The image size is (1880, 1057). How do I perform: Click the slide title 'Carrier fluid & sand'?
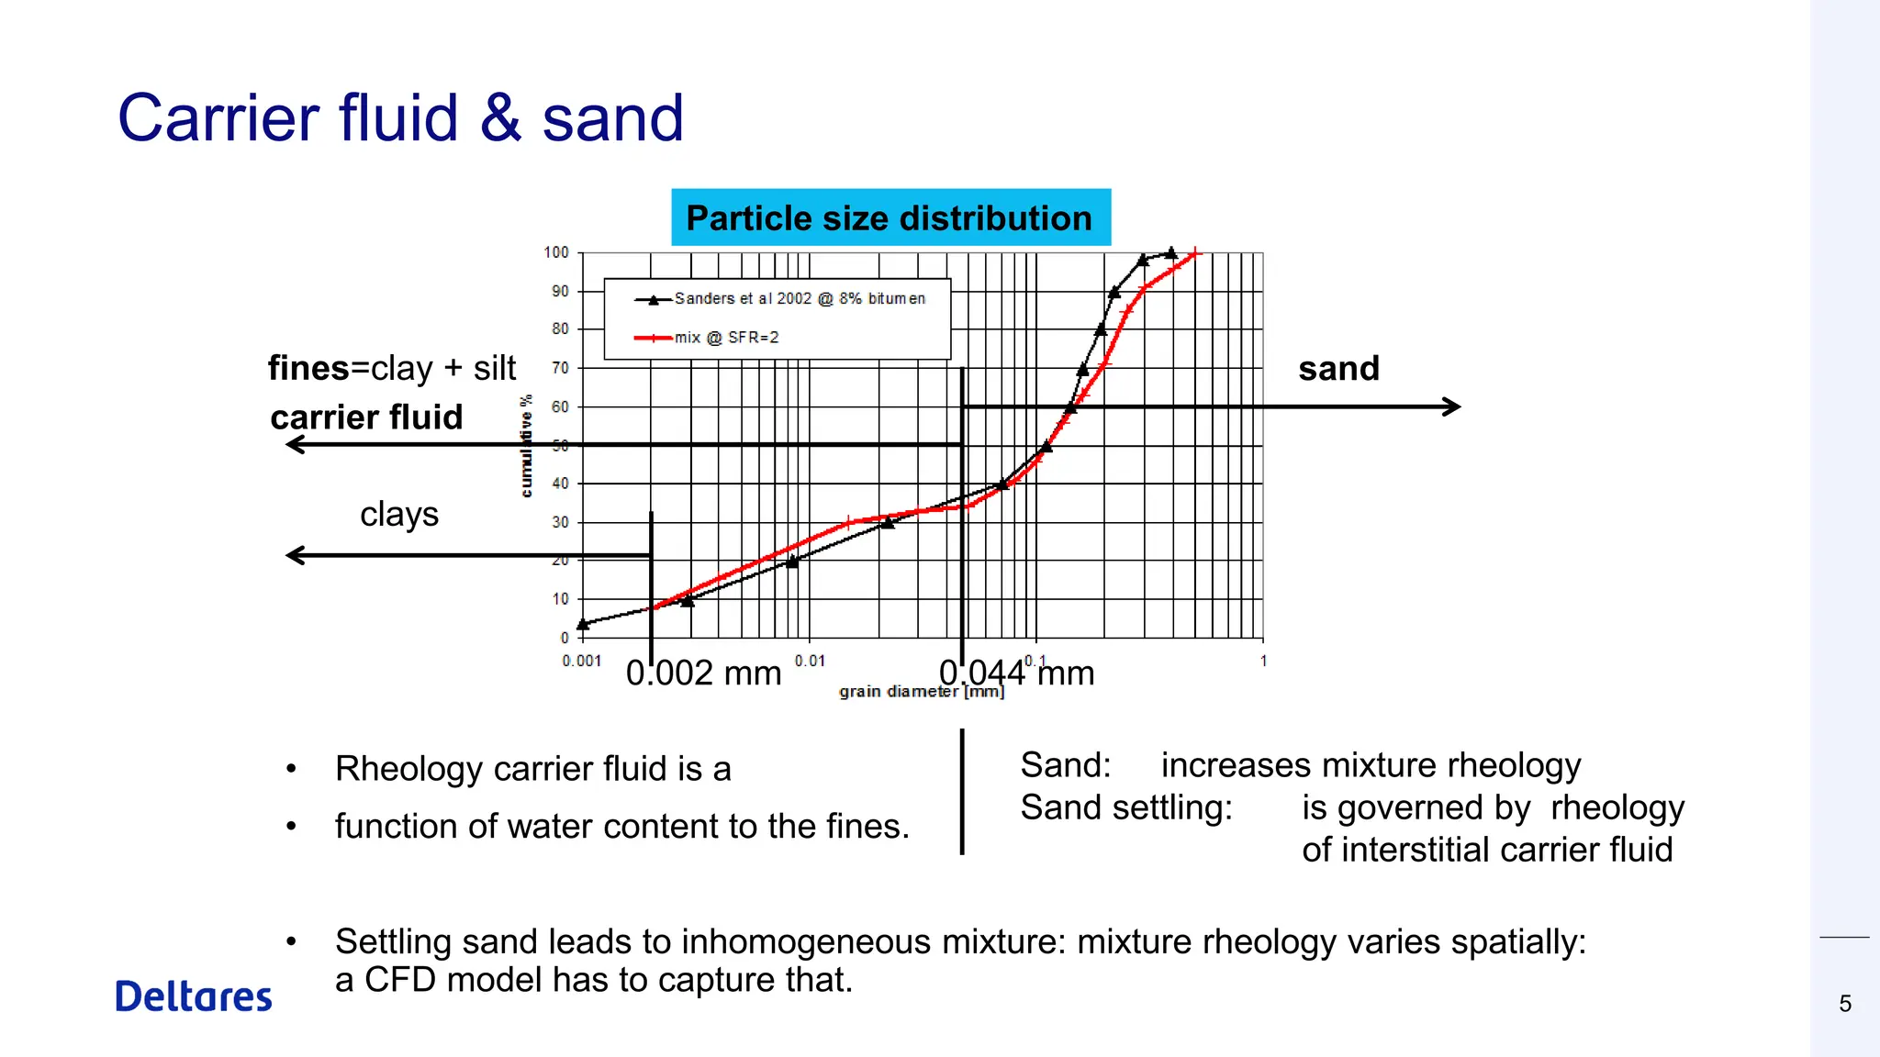pos(400,118)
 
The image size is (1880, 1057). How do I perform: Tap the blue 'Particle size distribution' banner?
pos(890,218)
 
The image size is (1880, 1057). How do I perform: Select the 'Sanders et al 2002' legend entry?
pos(799,299)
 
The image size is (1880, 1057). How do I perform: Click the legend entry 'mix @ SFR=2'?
pos(726,338)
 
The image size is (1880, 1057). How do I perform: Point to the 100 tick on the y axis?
pos(556,252)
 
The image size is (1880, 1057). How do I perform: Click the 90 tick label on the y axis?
pos(559,291)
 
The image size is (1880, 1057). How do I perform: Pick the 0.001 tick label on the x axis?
pos(582,661)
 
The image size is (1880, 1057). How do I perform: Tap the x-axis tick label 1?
pos(1263,661)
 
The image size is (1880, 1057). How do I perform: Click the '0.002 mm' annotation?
pos(703,673)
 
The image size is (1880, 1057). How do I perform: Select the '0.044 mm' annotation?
pos(1016,673)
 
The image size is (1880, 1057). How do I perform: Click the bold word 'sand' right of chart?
pos(1338,369)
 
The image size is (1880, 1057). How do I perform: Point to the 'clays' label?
pos(399,514)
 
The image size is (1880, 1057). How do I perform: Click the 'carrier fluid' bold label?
pos(366,417)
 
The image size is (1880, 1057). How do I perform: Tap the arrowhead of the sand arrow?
pos(1452,406)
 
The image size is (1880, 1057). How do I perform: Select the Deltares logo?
pos(194,996)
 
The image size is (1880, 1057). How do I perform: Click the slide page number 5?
pos(1845,1004)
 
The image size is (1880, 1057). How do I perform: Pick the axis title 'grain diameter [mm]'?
pos(922,691)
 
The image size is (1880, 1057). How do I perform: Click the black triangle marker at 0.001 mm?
pos(583,624)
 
